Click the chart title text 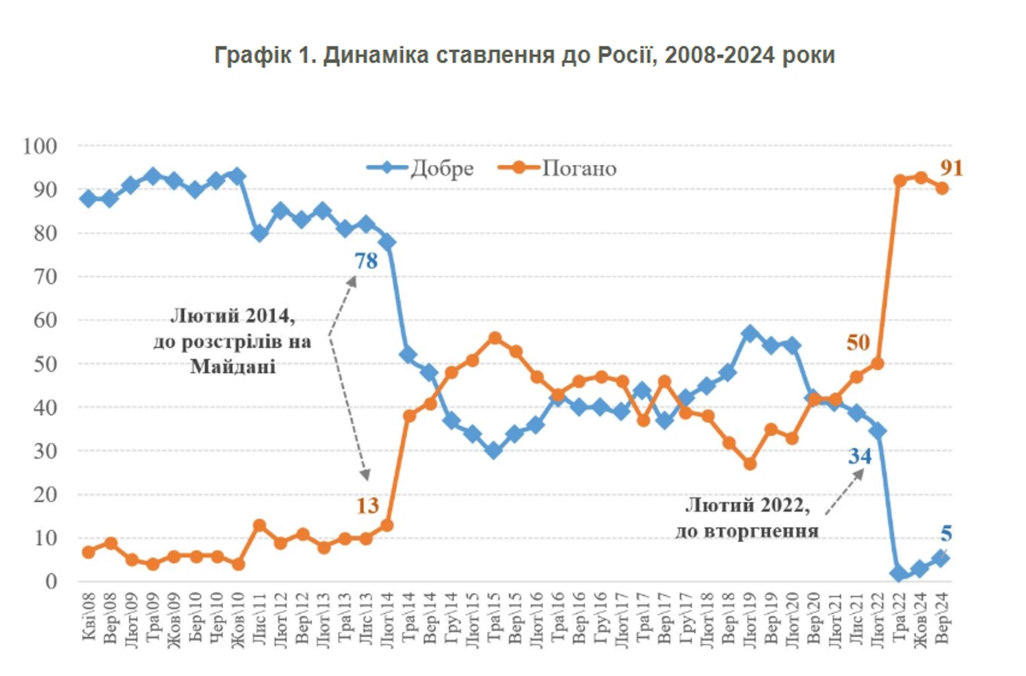[x=525, y=55]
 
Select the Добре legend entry [x=441, y=168]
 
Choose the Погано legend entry [x=579, y=168]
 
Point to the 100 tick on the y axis [x=40, y=146]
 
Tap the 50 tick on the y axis [x=45, y=364]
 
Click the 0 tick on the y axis [x=51, y=582]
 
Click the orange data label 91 [x=951, y=168]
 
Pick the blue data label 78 [x=366, y=261]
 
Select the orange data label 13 [x=367, y=506]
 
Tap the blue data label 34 [x=860, y=456]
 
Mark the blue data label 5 [x=946, y=534]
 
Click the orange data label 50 [x=858, y=342]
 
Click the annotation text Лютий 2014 [x=233, y=316]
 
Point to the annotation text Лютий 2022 [x=747, y=506]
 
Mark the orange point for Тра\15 [x=495, y=338]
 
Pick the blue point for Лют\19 [x=750, y=333]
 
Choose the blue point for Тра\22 [x=899, y=573]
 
